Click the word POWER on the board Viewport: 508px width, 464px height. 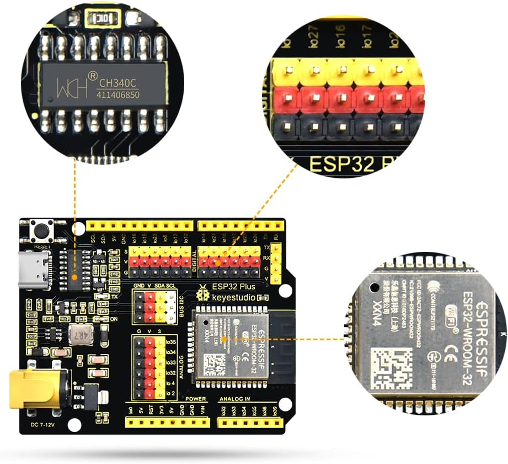(196, 398)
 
